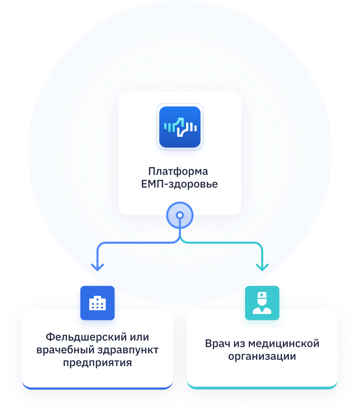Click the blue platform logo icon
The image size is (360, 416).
(180, 127)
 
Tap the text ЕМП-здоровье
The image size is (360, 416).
(179, 184)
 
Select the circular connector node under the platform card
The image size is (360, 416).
(180, 215)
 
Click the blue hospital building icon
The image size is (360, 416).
(97, 303)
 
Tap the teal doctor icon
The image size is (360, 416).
(262, 303)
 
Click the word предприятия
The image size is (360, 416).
(97, 363)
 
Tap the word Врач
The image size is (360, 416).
(217, 343)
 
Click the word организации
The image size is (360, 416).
(262, 356)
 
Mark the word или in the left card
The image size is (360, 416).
(137, 338)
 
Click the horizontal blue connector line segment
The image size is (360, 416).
(138, 243)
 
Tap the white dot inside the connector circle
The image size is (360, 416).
(180, 215)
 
